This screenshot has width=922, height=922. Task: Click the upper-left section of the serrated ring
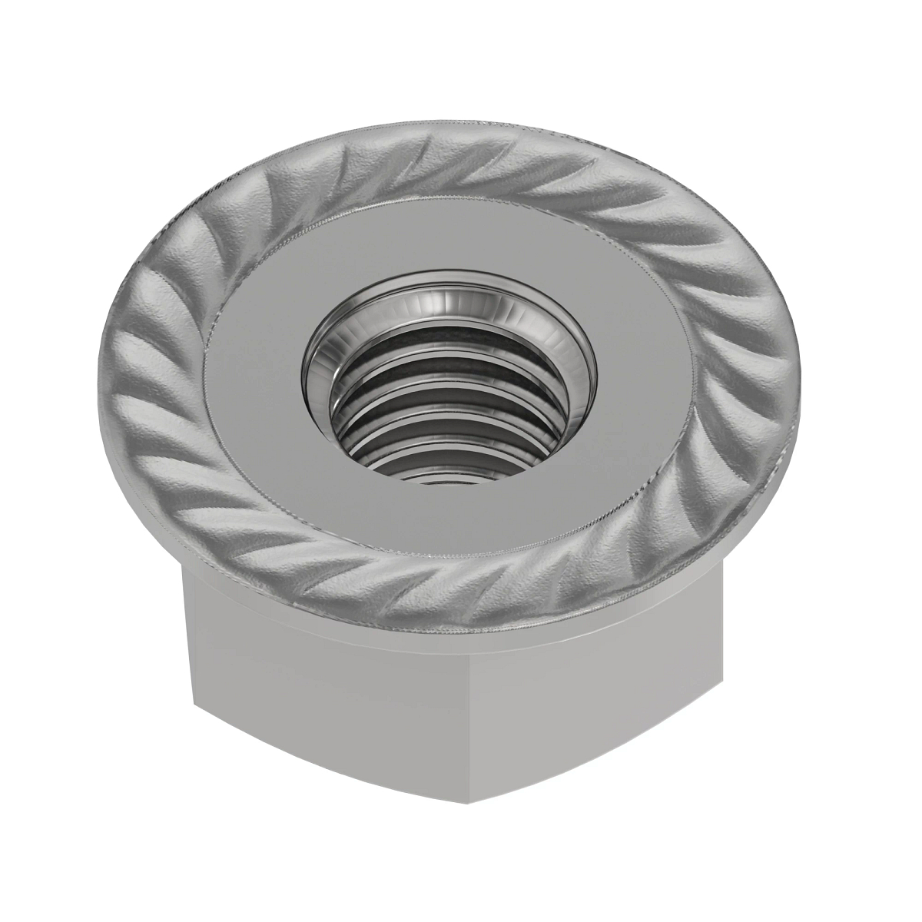tap(223, 223)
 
